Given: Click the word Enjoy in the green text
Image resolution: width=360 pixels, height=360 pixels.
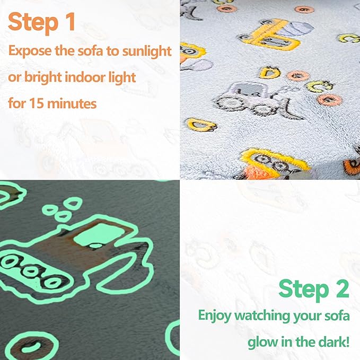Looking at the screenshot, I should point(215,315).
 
